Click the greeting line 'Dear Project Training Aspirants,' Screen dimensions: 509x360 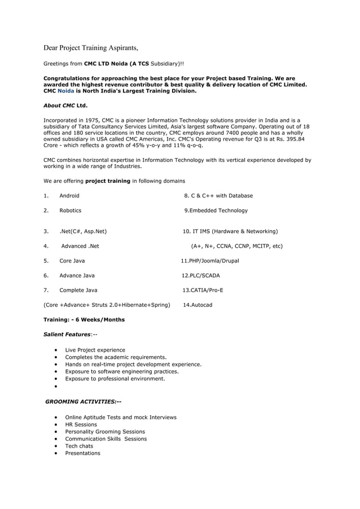(91, 46)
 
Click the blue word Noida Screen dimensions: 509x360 (66, 90)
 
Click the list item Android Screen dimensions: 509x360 (69, 196)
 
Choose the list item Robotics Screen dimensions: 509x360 (71, 210)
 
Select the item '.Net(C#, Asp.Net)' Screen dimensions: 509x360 (83, 231)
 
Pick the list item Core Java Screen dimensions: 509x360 (72, 261)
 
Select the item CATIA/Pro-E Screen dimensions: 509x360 (205, 290)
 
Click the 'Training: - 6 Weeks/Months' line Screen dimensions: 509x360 (84, 319)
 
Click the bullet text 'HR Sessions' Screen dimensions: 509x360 (81, 424)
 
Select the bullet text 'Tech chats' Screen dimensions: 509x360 (79, 446)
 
